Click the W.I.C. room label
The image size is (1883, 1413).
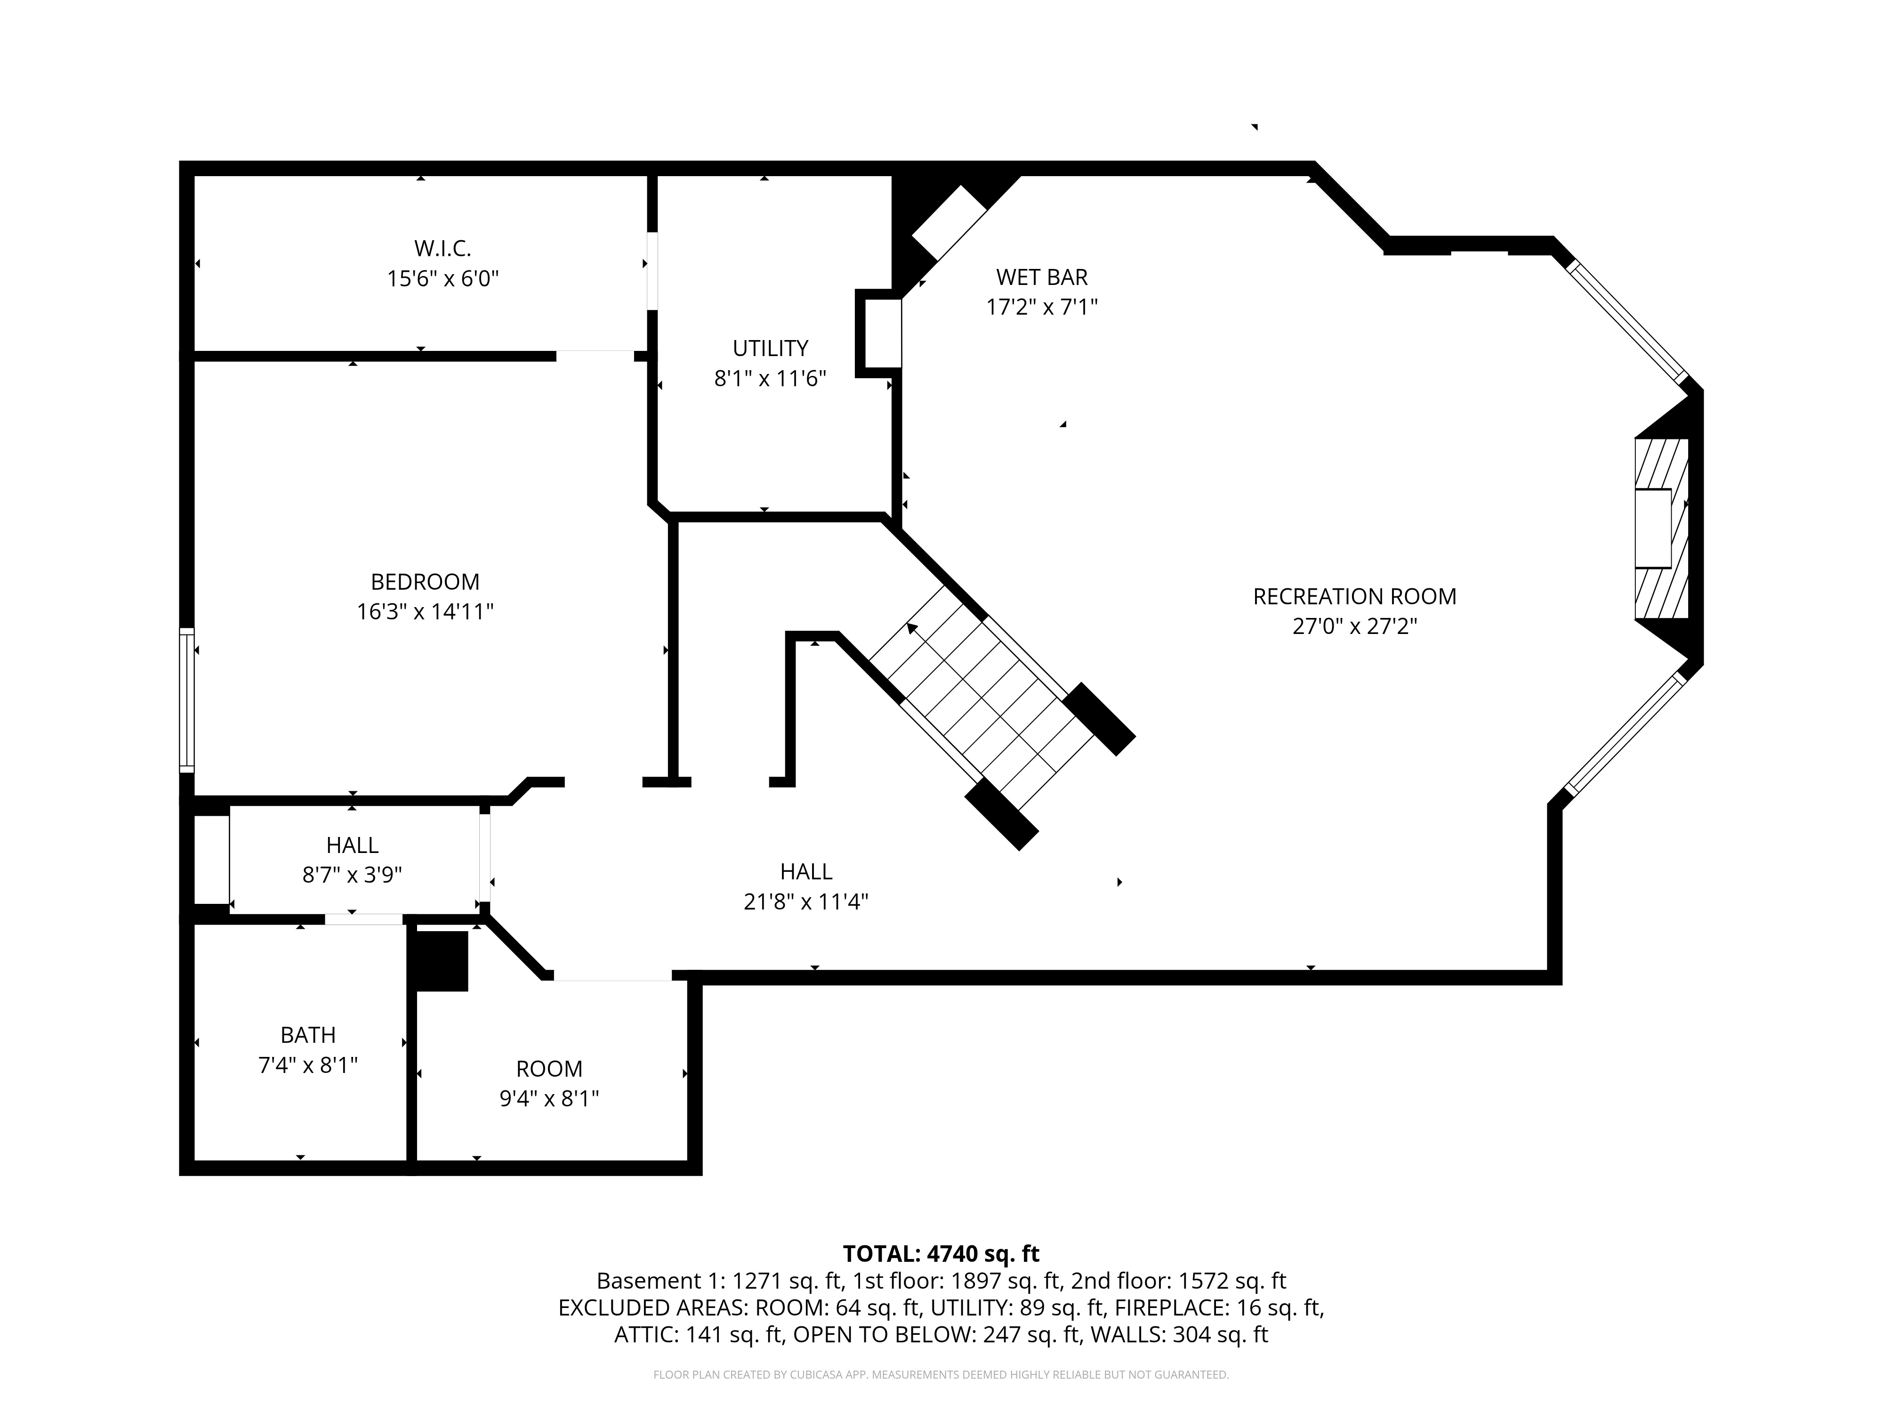(x=442, y=249)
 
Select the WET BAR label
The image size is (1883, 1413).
(x=1041, y=277)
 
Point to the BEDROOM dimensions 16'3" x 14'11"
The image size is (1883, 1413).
(x=425, y=611)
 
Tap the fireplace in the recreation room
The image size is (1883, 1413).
(x=1660, y=528)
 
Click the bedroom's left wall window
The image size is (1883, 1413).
(x=186, y=700)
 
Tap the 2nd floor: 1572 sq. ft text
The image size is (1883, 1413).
(x=1177, y=1281)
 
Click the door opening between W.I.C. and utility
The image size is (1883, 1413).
(x=652, y=271)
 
